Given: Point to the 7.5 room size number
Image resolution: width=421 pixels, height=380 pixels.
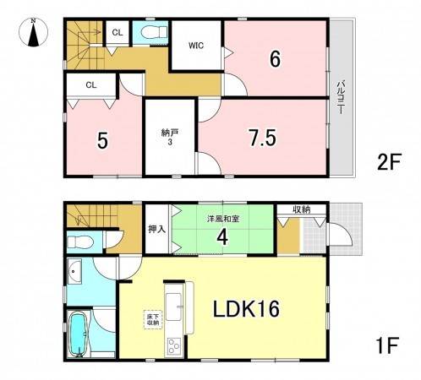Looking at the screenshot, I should point(262,138).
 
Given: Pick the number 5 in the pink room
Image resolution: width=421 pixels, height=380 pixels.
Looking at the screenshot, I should point(101,140).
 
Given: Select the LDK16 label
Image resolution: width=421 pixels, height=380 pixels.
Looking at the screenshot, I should point(239,307).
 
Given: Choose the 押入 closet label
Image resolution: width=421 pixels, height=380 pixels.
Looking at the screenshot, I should point(156,229).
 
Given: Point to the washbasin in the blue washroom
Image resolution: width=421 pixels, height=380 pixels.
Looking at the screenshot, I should point(74,274).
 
